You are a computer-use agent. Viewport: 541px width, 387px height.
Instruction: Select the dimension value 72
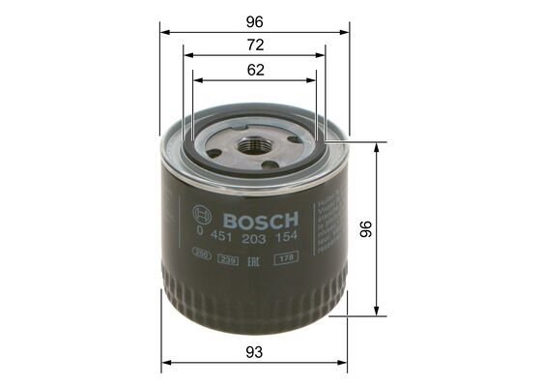[256, 45]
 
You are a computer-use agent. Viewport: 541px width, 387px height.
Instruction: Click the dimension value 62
[256, 70]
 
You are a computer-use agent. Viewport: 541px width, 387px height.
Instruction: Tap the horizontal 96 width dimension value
[256, 18]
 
